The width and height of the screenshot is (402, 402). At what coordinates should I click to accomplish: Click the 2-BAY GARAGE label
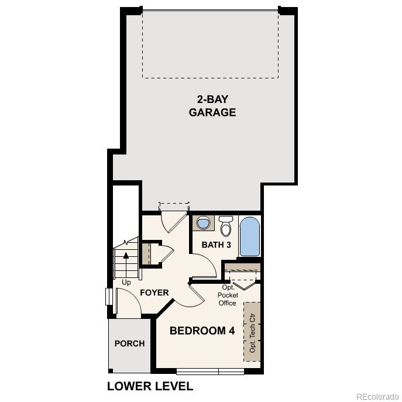(212, 105)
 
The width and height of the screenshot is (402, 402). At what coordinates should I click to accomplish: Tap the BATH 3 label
(216, 245)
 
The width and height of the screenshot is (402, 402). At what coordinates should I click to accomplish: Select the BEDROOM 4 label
(202, 331)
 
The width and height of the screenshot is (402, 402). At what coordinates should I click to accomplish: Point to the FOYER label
(154, 293)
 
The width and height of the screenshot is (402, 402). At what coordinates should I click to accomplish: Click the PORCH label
(129, 343)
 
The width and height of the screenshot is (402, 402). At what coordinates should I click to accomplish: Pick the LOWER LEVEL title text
(150, 386)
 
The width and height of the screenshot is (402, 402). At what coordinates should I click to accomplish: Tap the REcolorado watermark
(377, 396)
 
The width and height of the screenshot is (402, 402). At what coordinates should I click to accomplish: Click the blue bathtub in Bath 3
(249, 236)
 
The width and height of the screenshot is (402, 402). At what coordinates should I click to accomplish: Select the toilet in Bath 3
(226, 225)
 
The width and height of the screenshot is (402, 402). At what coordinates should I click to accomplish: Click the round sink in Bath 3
(204, 223)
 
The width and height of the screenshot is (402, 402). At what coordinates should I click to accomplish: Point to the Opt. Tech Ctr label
(253, 331)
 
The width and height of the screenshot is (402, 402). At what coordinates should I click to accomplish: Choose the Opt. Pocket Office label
(228, 295)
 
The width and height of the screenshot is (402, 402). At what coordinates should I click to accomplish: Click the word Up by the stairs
(126, 282)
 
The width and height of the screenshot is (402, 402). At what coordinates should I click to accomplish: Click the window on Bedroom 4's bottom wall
(210, 371)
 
